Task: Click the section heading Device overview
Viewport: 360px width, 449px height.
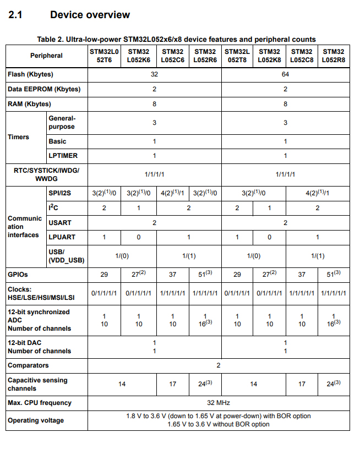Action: [x=90, y=15]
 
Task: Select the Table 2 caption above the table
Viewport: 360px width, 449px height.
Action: [x=176, y=39]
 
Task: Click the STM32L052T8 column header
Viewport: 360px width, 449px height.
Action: [x=237, y=55]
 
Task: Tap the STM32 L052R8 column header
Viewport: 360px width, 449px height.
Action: [x=334, y=55]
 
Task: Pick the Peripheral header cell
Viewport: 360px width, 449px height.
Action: [x=46, y=56]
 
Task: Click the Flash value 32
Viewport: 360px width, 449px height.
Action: [x=154, y=74]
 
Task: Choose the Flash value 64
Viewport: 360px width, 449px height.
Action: [x=285, y=74]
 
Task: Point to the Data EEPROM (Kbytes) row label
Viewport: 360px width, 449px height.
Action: [x=43, y=89]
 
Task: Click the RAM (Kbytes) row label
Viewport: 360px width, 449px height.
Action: [x=29, y=104]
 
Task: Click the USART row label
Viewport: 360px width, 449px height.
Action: [x=59, y=222]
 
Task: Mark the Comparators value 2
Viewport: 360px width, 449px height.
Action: [x=218, y=365]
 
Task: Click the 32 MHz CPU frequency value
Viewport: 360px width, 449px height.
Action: [x=218, y=403]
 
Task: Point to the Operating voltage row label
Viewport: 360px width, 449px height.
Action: [x=35, y=420]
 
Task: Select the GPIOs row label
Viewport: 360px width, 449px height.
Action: [x=18, y=273]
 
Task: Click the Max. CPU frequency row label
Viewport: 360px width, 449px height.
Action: [x=39, y=403]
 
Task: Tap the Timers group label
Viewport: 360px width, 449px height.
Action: [x=18, y=137]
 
